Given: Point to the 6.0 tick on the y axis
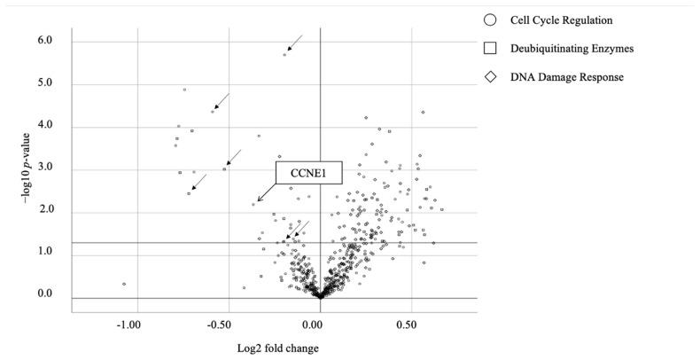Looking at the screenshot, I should pyautogui.click(x=43, y=41).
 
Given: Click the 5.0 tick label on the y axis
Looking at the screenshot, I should pyautogui.click(x=43, y=83).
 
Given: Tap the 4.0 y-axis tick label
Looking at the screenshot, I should pyautogui.click(x=43, y=126).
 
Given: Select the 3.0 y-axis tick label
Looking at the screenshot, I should pyautogui.click(x=43, y=168).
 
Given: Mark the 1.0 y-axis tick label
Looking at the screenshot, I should pyautogui.click(x=43, y=253).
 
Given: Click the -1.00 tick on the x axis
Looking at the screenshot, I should pyautogui.click(x=128, y=325).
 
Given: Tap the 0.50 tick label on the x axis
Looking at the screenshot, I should pyautogui.click(x=407, y=325).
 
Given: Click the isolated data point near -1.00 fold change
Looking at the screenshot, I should pyautogui.click(x=124, y=284).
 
